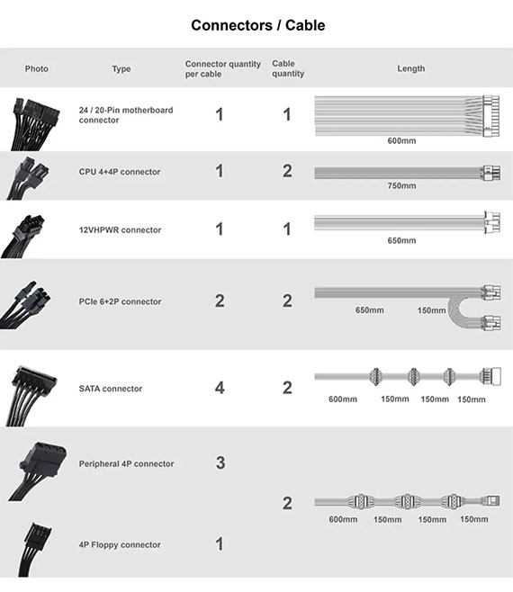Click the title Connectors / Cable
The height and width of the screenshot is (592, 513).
pos(258,25)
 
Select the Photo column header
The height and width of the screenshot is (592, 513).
pos(37,68)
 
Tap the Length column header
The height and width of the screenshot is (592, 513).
pos(411,68)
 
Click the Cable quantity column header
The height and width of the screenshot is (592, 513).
pos(288,68)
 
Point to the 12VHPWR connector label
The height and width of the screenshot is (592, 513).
pos(120,230)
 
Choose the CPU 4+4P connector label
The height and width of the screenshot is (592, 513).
pos(120,172)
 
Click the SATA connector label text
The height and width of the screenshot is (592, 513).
pos(111,389)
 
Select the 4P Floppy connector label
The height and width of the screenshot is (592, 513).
pos(120,545)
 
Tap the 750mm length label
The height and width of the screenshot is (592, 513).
pos(401,185)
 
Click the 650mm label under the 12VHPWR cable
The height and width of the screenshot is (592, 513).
pos(401,240)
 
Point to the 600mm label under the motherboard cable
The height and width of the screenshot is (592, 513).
pos(401,141)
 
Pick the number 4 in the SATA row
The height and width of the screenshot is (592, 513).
pos(220,388)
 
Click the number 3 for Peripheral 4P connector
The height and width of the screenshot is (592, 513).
pos(220,462)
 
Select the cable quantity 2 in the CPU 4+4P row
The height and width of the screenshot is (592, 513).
pos(287,171)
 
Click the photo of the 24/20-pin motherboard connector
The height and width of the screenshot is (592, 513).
pos(34,123)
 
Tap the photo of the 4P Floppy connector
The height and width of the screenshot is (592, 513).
pos(34,550)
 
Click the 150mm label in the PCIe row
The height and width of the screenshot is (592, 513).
pos(431,310)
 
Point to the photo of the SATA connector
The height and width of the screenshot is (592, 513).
pos(31,396)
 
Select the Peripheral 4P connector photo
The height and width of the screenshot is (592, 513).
pos(38,471)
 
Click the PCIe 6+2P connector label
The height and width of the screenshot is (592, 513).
pos(120,301)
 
